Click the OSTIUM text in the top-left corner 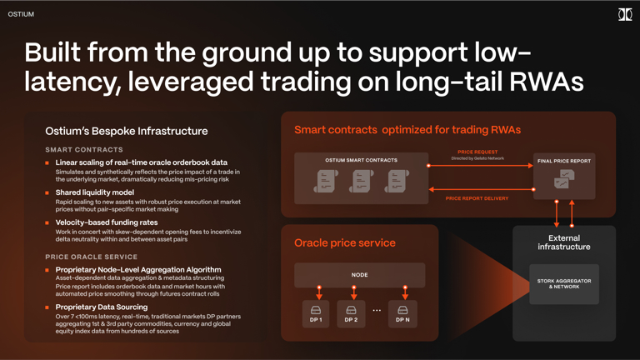(21, 14)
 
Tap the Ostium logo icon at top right (624, 14)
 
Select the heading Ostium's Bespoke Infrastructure (127, 131)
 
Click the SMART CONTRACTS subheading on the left (84, 150)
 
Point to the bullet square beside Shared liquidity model (47, 193)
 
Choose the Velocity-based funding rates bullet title (107, 222)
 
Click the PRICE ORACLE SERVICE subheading (92, 257)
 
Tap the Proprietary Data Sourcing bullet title (102, 307)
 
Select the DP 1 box (316, 313)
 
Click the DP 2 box (351, 313)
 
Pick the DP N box (402, 313)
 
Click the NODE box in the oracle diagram (360, 275)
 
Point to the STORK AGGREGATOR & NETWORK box (564, 284)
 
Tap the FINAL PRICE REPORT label (564, 161)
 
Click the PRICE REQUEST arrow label (477, 152)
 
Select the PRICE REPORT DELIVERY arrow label (477, 198)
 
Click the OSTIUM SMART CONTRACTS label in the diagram (361, 160)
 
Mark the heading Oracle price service (345, 242)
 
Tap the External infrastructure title (564, 242)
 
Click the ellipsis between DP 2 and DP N (377, 311)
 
